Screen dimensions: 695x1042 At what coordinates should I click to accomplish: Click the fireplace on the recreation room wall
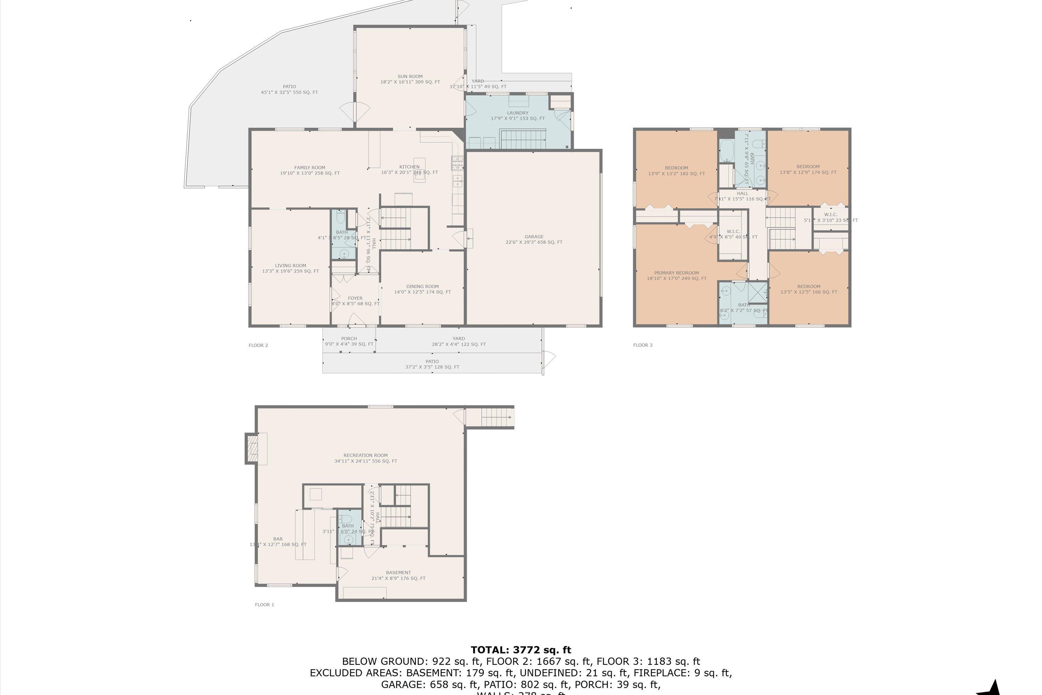pyautogui.click(x=252, y=449)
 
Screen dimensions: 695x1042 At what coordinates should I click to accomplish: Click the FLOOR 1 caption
pyautogui.click(x=264, y=605)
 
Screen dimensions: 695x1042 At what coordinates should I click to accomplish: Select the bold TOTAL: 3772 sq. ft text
pyautogui.click(x=521, y=650)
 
